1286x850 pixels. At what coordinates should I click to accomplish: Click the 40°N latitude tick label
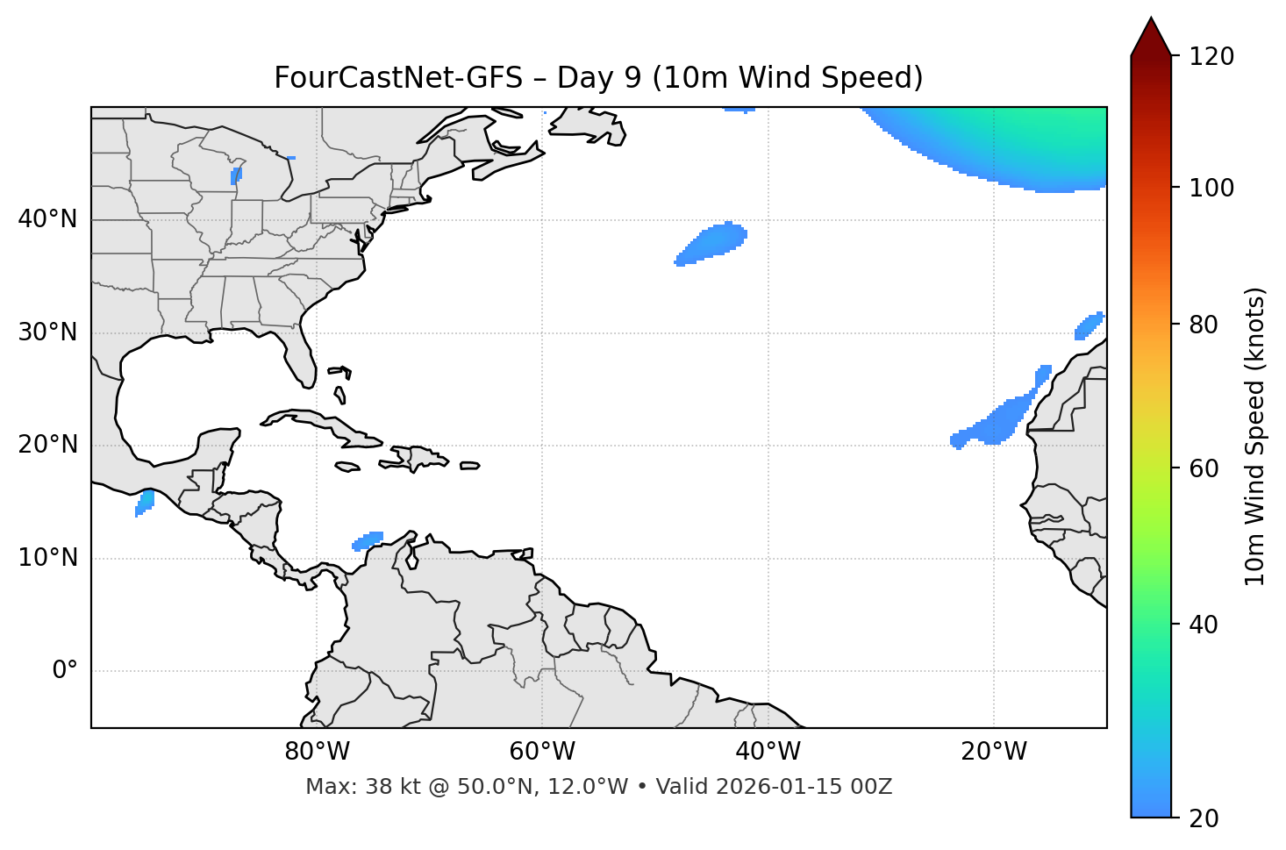pyautogui.click(x=47, y=219)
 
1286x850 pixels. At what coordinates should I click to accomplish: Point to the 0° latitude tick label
pyautogui.click(x=65, y=671)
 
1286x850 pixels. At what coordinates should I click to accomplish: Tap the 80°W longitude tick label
pyautogui.click(x=317, y=752)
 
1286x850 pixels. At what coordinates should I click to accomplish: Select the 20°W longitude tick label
pyautogui.click(x=994, y=752)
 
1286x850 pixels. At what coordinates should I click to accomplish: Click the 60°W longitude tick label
pyautogui.click(x=542, y=752)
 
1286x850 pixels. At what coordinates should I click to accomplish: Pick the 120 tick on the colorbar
pyautogui.click(x=1211, y=56)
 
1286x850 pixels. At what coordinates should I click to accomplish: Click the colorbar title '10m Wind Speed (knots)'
pyautogui.click(x=1255, y=436)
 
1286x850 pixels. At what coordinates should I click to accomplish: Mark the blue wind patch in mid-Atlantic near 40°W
pyautogui.click(x=713, y=243)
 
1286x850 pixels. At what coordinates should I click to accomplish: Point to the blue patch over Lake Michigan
pyautogui.click(x=235, y=176)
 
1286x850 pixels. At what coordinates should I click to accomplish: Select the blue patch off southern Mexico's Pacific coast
pyautogui.click(x=145, y=503)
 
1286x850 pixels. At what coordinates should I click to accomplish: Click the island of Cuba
pyautogui.click(x=316, y=422)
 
